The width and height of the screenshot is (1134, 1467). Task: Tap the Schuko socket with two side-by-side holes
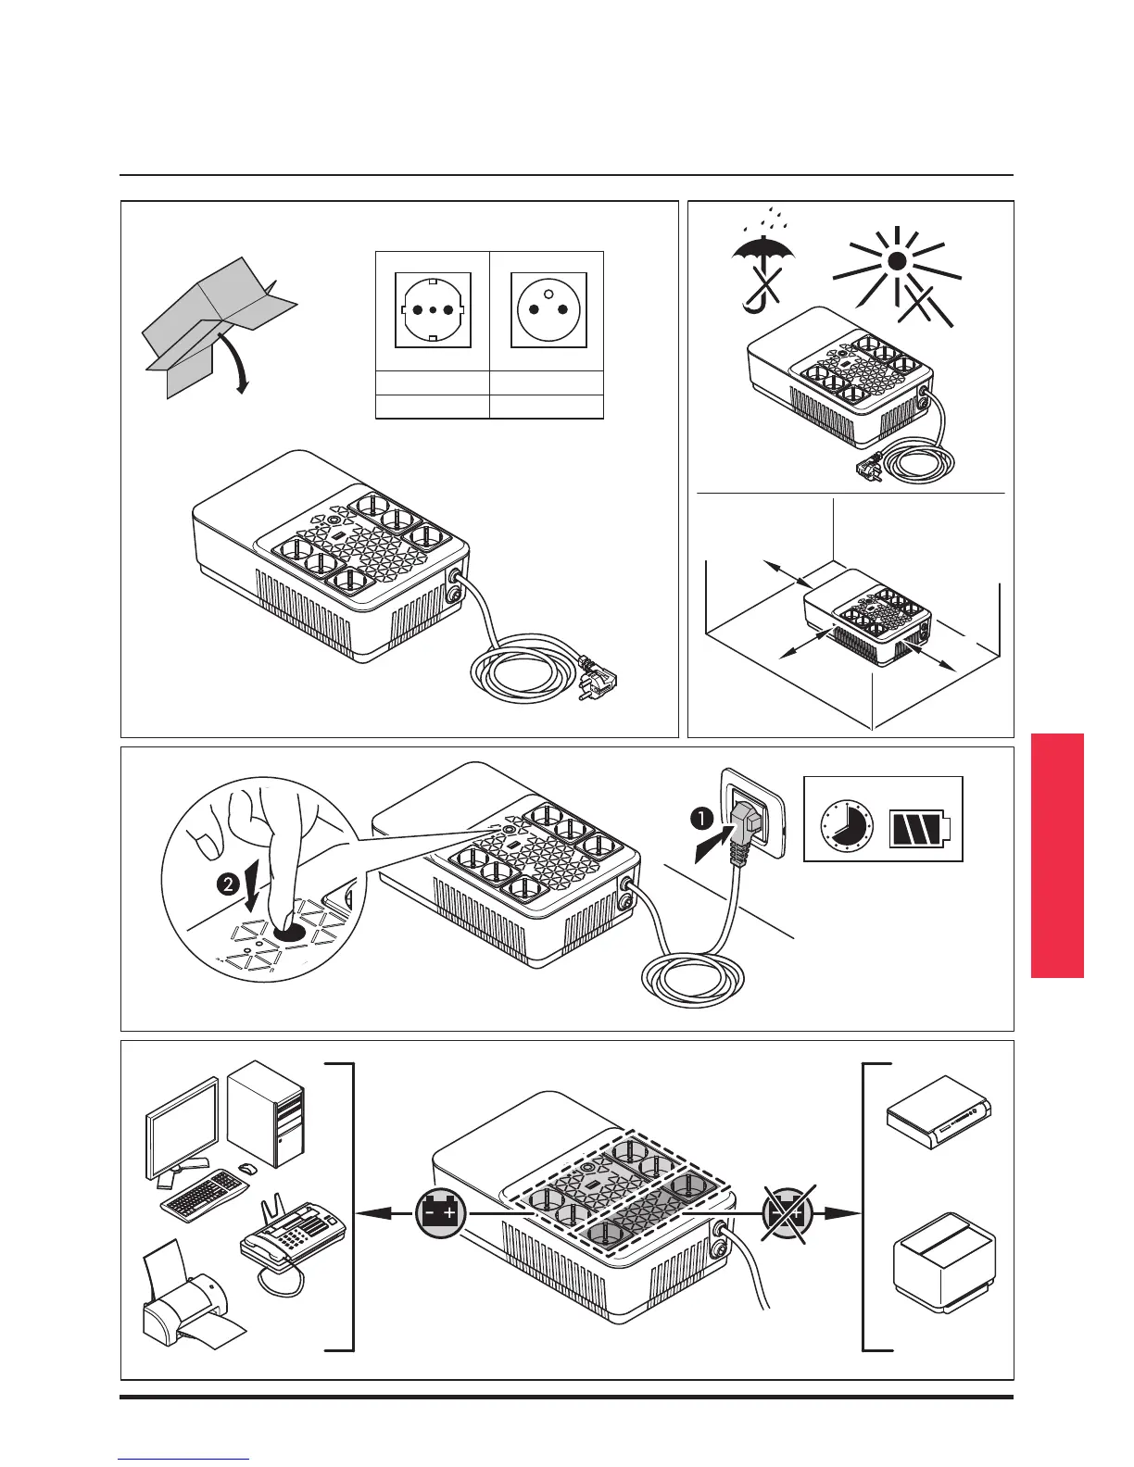(433, 309)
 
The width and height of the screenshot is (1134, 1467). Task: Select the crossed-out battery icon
(787, 1211)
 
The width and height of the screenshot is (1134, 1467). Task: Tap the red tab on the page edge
(1056, 855)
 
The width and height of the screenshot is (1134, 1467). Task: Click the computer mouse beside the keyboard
(246, 1169)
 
